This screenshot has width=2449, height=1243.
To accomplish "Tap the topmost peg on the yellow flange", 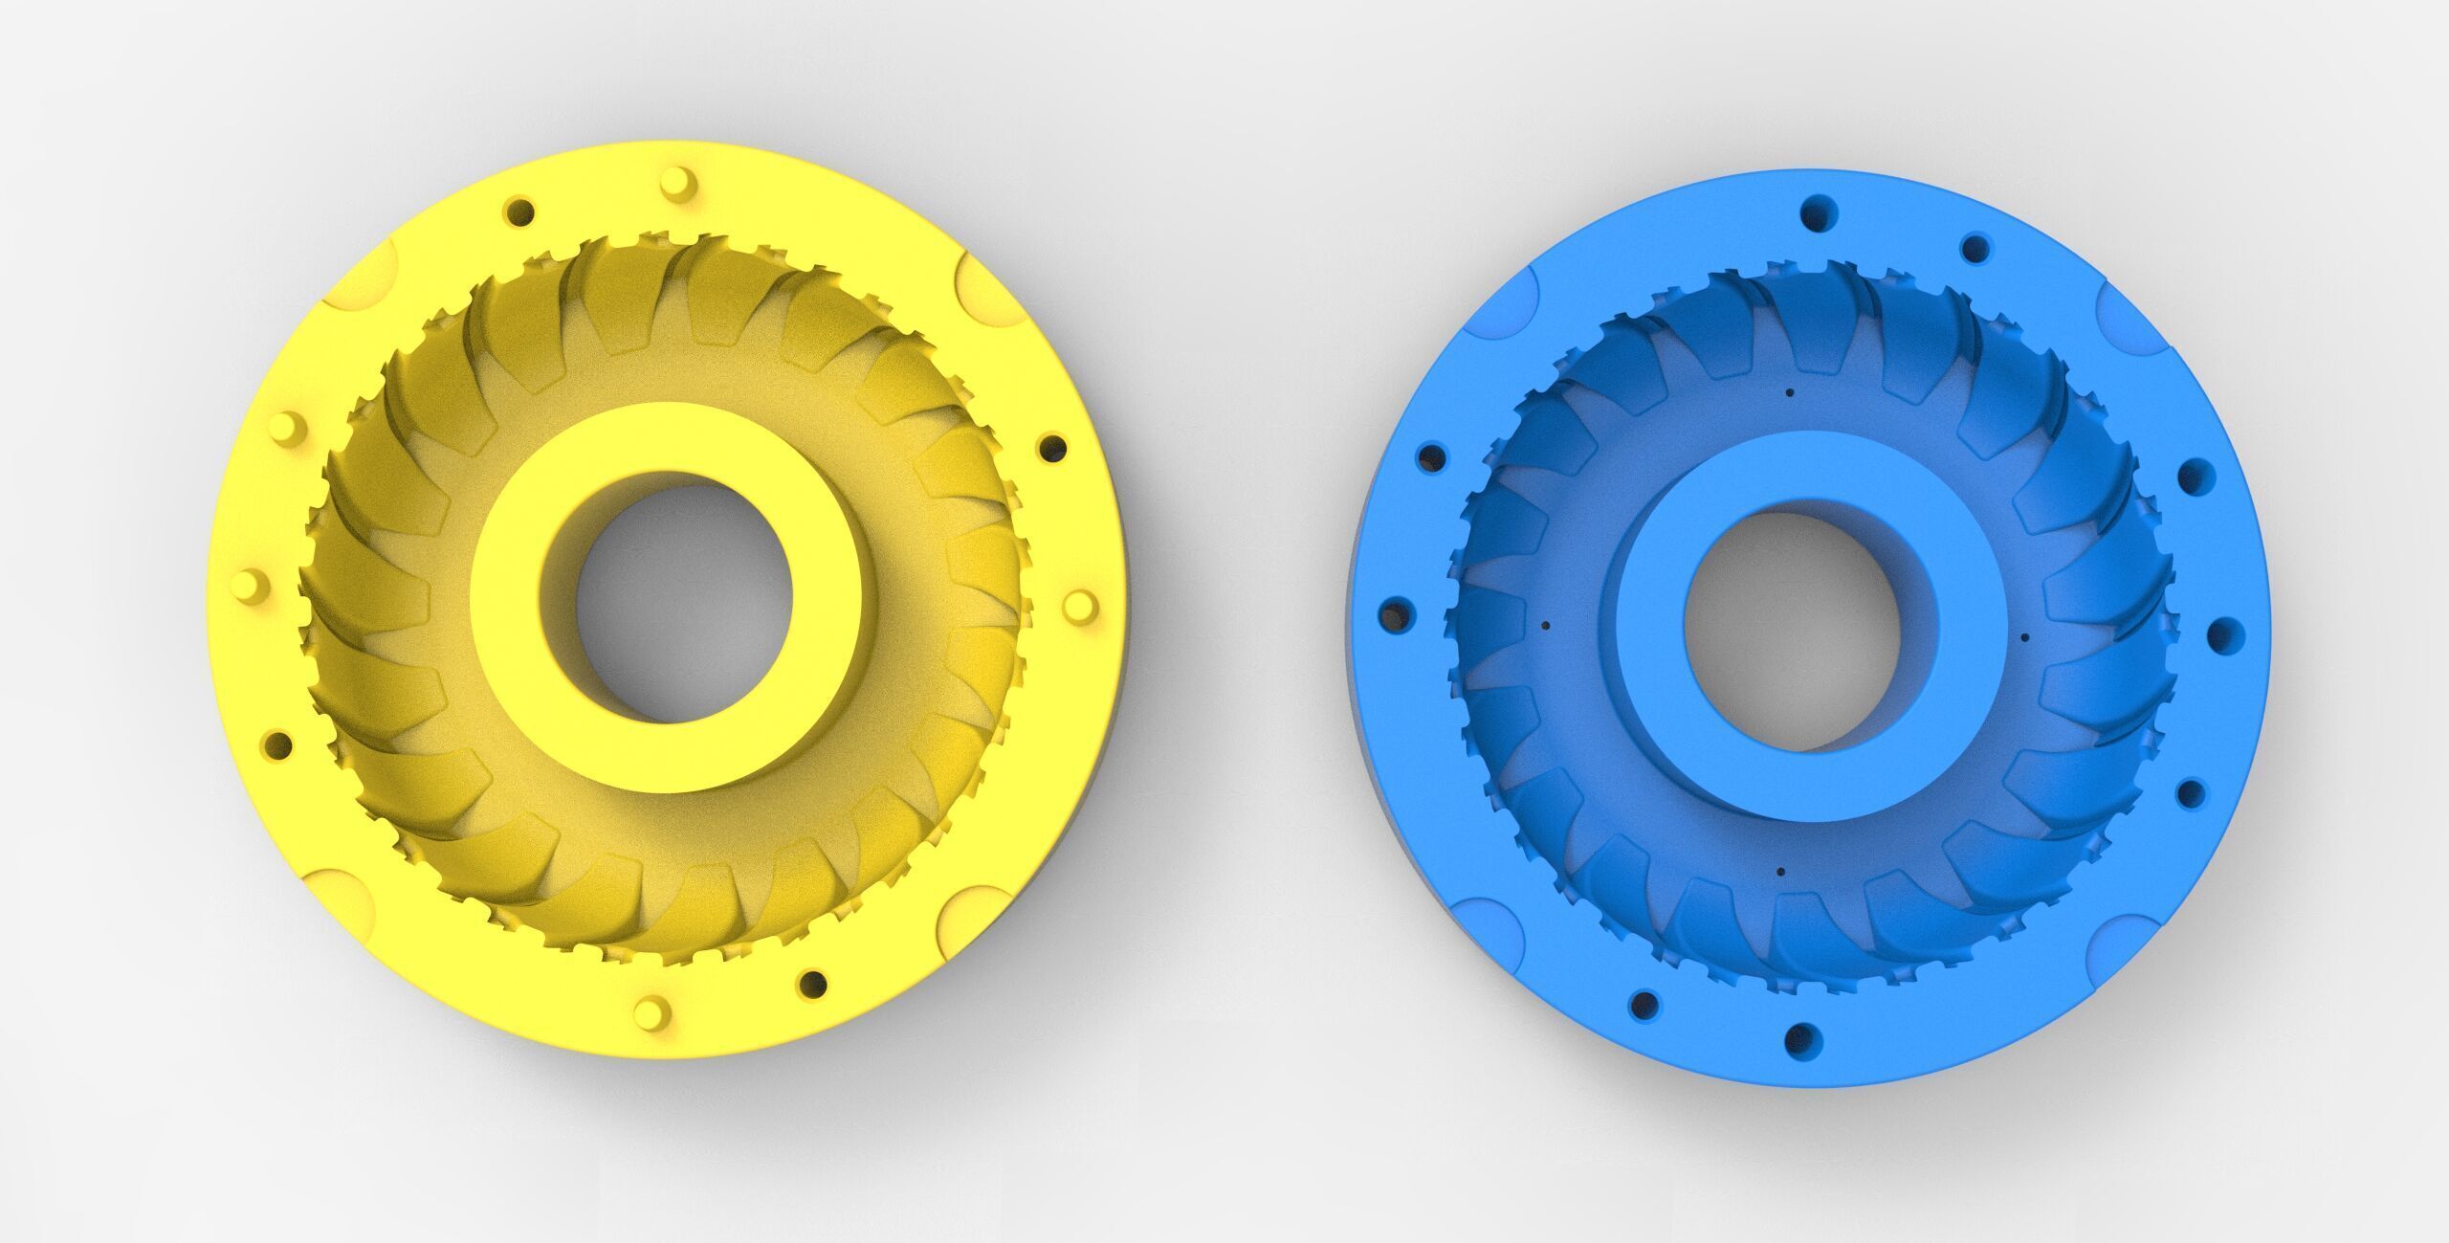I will pos(674,180).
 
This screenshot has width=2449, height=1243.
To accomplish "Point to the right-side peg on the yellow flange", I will pos(1079,605).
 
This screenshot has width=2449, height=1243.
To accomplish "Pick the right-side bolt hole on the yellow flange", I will pos(1052,448).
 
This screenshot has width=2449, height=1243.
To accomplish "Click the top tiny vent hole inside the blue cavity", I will pos(1788,392).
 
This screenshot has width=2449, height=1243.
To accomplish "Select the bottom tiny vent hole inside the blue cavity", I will pos(1780,872).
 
